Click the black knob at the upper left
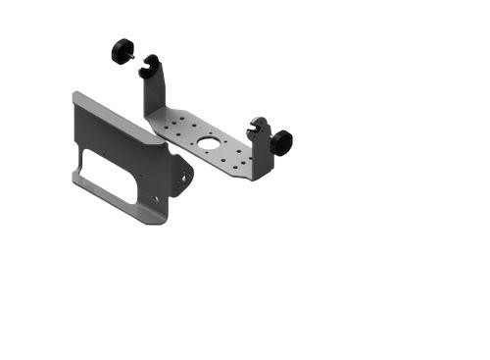click(122, 50)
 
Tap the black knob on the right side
click(282, 142)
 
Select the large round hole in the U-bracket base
click(209, 143)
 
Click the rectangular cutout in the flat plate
click(108, 175)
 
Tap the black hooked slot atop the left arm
click(150, 67)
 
